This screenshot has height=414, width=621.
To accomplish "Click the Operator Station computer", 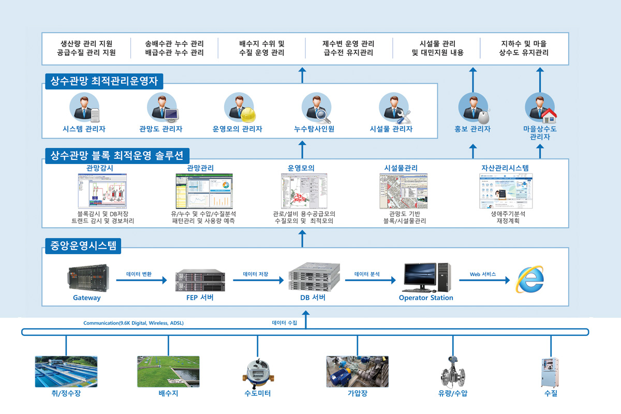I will coord(425,277).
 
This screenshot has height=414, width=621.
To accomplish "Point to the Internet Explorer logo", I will coord(529,279).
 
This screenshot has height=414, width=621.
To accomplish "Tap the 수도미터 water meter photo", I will coord(257,372).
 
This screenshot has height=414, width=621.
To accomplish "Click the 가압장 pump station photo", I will coord(357,372).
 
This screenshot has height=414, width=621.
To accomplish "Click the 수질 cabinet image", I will coord(550,372).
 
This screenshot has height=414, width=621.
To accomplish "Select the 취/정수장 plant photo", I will coord(66,372).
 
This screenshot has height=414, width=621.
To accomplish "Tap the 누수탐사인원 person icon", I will coord(315,108).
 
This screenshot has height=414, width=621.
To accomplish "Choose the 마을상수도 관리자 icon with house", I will coord(540,108).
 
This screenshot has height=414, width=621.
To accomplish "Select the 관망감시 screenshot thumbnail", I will coord(102,191).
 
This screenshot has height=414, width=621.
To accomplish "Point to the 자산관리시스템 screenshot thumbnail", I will coord(505,191).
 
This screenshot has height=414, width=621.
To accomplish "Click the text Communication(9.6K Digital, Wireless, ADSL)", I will coord(134,323).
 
